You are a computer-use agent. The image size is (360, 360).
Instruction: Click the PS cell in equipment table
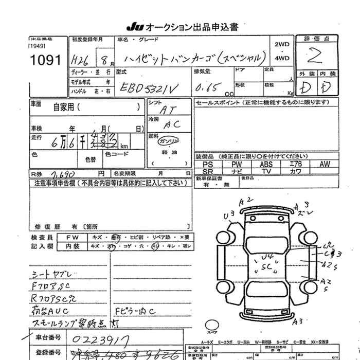pyautogui.click(x=208, y=164)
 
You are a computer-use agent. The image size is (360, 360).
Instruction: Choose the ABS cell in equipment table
pyautogui.click(x=267, y=164)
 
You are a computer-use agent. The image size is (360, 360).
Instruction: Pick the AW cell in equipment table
pyautogui.click(x=325, y=164)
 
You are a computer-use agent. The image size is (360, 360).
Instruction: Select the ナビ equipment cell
pyautogui.click(x=237, y=171)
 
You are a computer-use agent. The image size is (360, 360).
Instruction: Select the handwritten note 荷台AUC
pyautogui.click(x=50, y=312)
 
